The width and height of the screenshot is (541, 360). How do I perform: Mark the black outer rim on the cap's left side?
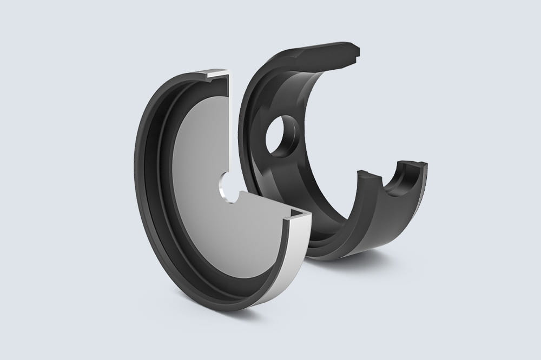click(x=143, y=178)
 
